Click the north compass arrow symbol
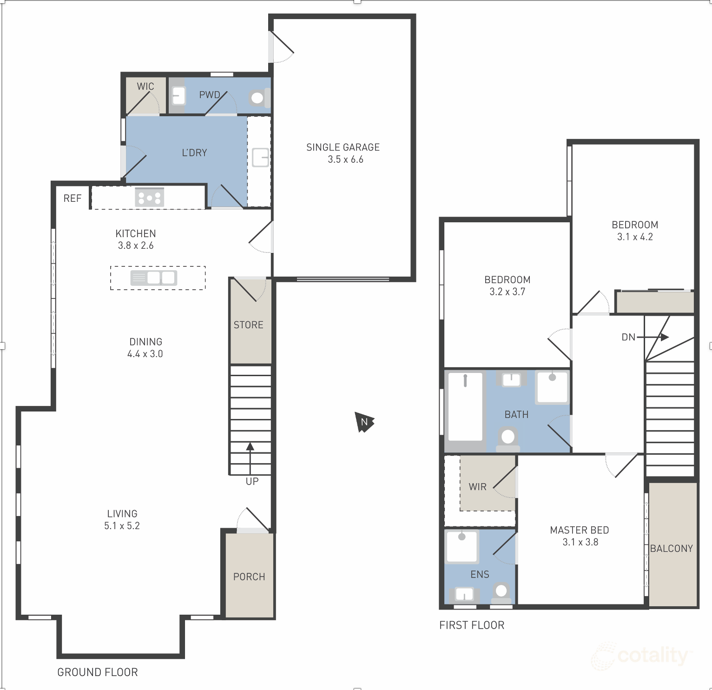(x=364, y=422)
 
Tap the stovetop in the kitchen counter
(x=149, y=198)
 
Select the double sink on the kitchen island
(x=154, y=278)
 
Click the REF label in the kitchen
(x=73, y=199)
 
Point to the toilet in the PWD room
(x=257, y=98)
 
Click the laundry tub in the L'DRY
(x=260, y=157)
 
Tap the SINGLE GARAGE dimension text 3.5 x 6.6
(x=345, y=159)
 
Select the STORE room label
(x=249, y=325)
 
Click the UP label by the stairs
(x=252, y=482)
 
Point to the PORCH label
(x=249, y=577)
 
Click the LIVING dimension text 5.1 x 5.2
(x=122, y=526)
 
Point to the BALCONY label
(x=672, y=549)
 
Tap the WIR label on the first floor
(x=477, y=487)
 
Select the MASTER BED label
(x=580, y=530)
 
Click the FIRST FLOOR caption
(x=472, y=625)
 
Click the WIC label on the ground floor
(x=145, y=86)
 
